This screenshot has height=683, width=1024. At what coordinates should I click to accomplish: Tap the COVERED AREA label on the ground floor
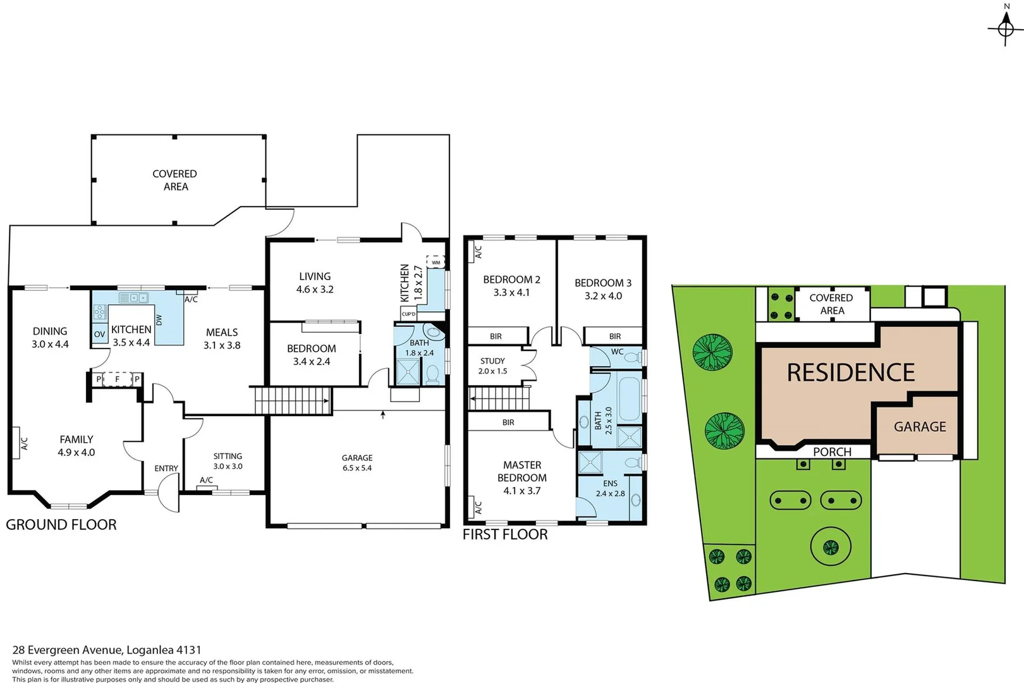pos(175,180)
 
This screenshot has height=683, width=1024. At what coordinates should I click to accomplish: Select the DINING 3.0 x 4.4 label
pos(50,338)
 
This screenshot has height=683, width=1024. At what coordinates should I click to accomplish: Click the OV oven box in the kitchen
pos(99,334)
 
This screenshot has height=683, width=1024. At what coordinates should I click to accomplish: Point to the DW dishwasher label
pos(159,319)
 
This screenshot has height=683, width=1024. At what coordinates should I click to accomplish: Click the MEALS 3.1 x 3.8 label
pos(222,338)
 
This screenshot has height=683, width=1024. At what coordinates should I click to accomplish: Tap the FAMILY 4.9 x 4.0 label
pos(76,446)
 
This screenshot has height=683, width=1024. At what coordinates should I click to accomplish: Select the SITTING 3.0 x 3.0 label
pos(228,461)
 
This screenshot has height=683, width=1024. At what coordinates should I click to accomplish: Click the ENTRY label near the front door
pos(166,469)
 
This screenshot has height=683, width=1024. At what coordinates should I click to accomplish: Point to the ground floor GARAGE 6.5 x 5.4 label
pos(357,463)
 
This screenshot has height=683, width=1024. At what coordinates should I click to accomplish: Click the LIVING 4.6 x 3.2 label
pos(315,283)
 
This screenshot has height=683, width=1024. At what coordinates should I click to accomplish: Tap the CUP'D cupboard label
pos(408,314)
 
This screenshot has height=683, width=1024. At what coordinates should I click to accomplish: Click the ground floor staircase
pos(292,401)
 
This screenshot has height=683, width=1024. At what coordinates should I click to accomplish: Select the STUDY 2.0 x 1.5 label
pos(492,366)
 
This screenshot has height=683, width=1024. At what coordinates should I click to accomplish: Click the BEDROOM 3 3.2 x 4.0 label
pos(603,289)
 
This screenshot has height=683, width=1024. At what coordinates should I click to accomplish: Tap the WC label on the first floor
pos(617,352)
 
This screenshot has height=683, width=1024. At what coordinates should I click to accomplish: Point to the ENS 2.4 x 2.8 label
pos(610,488)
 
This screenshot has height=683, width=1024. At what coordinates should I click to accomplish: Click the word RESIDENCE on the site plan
pos(851,372)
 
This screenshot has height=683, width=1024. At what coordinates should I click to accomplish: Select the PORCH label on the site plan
pos(832,452)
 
